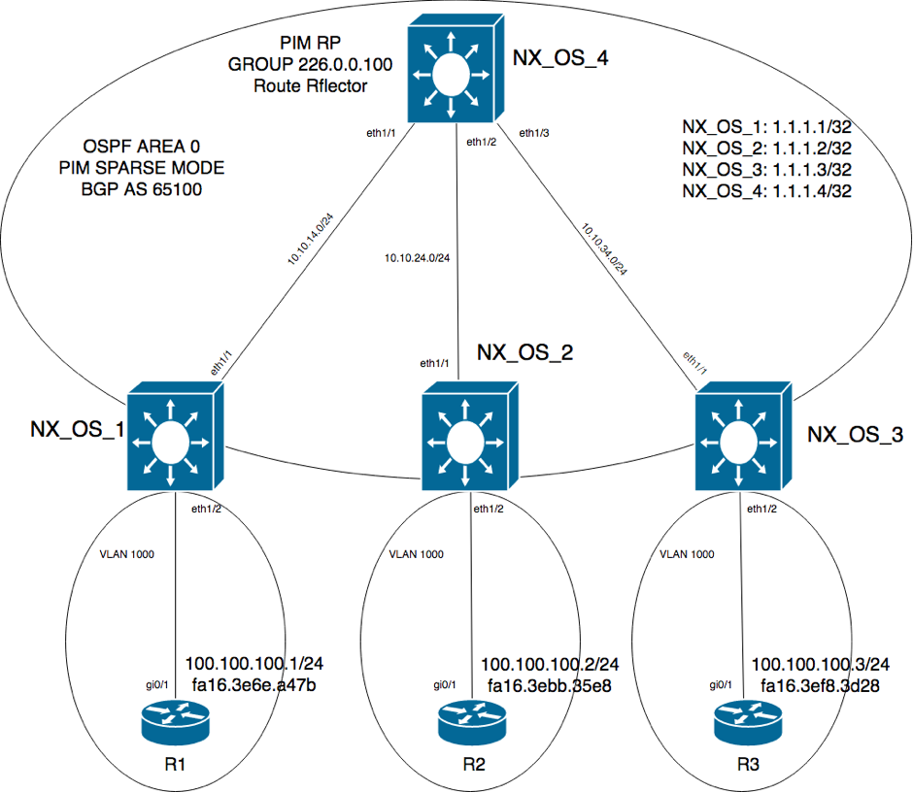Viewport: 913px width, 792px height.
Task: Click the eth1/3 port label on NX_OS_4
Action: (x=533, y=133)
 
